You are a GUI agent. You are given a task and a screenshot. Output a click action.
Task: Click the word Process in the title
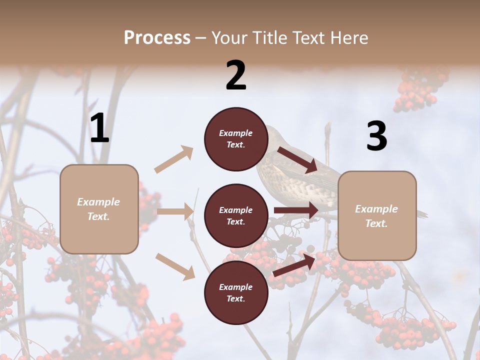coord(157,38)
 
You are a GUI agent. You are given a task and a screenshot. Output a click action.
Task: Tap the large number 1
coord(99,128)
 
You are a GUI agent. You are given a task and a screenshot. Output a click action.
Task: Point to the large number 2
coord(236,75)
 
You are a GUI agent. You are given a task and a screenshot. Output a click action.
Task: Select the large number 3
coord(376,136)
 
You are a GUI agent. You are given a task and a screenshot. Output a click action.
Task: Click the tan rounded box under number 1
coord(99,209)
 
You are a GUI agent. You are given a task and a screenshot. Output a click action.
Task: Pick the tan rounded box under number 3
coord(377,215)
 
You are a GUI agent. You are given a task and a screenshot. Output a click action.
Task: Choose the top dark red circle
coord(236,139)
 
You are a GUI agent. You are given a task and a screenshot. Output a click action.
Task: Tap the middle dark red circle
coord(236,215)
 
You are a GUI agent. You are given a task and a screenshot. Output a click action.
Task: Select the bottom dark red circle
coord(236,292)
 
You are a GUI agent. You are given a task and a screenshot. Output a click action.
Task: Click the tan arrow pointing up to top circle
coord(173,159)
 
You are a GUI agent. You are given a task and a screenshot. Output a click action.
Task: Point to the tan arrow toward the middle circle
coord(175,211)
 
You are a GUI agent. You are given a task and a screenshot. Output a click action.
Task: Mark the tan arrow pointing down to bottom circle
coord(175,266)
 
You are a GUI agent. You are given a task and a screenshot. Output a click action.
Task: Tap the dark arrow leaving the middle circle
coord(295,210)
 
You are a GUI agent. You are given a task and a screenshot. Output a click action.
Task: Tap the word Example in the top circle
coord(236,133)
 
